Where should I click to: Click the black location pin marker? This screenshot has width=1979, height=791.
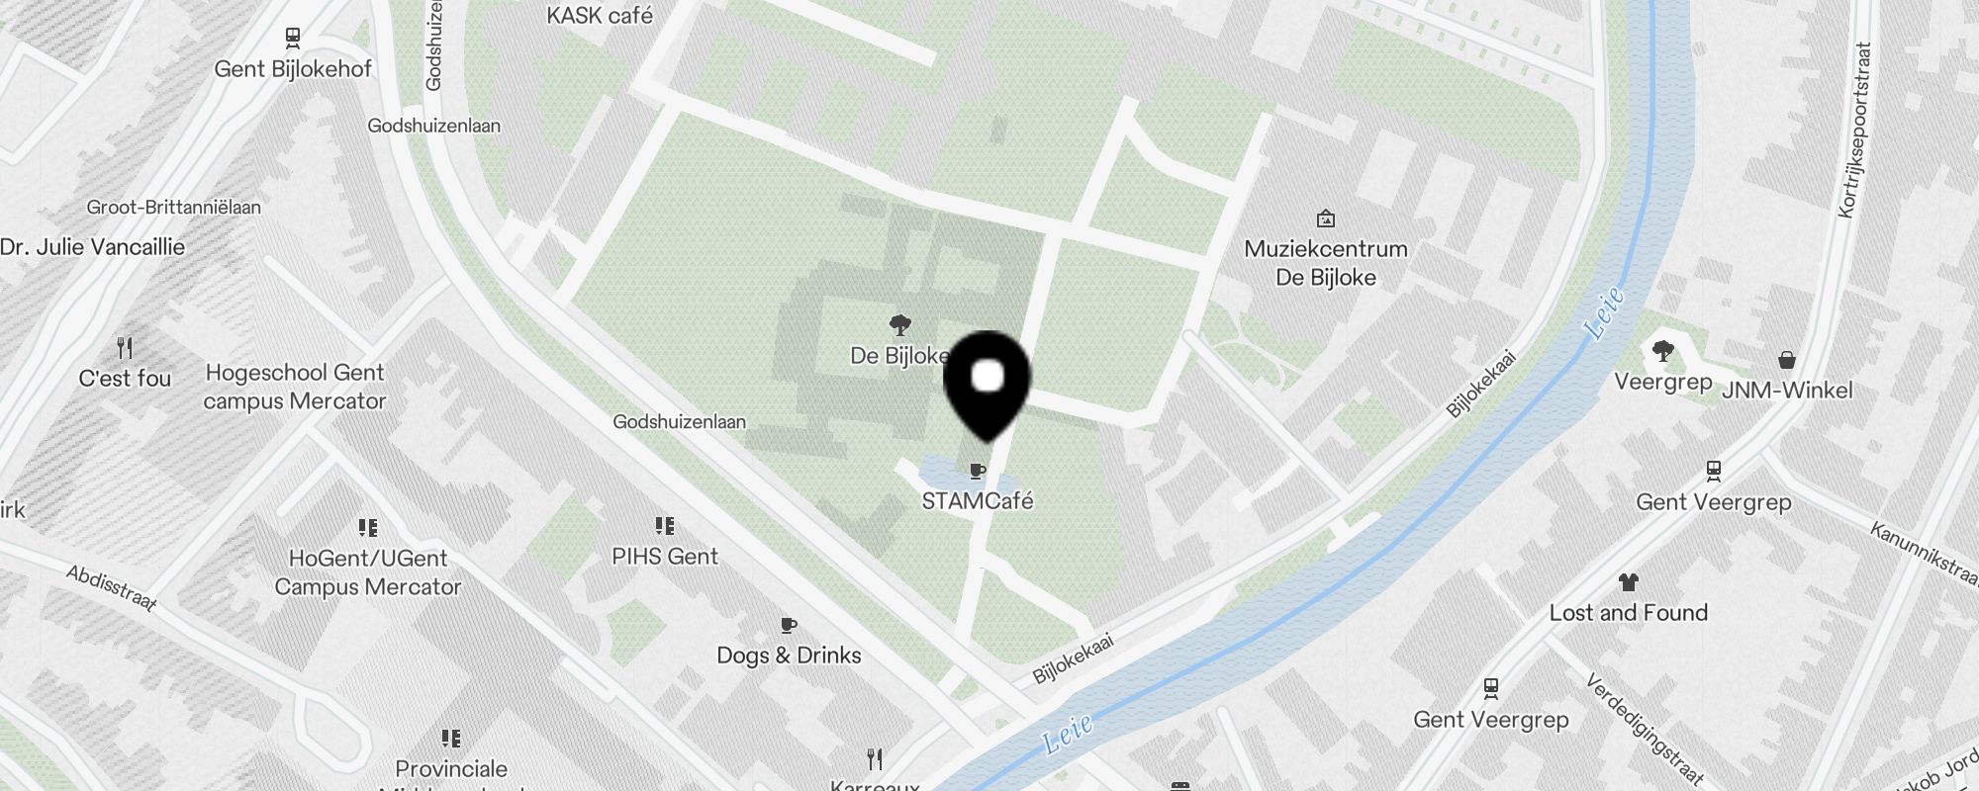tap(988, 382)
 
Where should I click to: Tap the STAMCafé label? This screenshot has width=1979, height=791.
tap(978, 501)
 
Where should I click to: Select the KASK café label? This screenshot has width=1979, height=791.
tap(600, 16)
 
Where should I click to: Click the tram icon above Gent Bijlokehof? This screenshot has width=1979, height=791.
tap(292, 39)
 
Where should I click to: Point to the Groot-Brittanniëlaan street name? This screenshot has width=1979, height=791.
tap(174, 208)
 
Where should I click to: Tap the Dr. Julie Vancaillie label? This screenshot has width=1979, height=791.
tap(92, 247)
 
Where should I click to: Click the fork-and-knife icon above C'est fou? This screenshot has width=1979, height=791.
tap(125, 348)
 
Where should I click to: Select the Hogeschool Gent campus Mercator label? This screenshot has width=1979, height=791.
tap(295, 387)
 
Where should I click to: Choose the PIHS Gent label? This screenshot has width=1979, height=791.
tap(665, 557)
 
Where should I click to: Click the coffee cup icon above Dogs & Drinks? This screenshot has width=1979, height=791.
tap(789, 625)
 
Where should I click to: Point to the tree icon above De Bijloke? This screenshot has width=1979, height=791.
tap(899, 324)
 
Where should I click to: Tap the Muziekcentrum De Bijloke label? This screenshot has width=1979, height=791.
tap(1326, 263)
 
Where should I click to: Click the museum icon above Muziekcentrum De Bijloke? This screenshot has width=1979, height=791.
tap(1326, 219)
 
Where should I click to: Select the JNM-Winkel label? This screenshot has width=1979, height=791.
tap(1787, 391)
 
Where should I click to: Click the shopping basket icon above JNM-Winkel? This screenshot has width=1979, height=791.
tap(1787, 360)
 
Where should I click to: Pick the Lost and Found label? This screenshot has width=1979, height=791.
tap(1629, 613)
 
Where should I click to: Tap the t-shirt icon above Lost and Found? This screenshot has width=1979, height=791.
tap(1629, 581)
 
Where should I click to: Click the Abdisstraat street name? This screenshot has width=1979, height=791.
tap(112, 588)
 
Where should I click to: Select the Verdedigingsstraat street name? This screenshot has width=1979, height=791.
tap(1645, 730)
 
